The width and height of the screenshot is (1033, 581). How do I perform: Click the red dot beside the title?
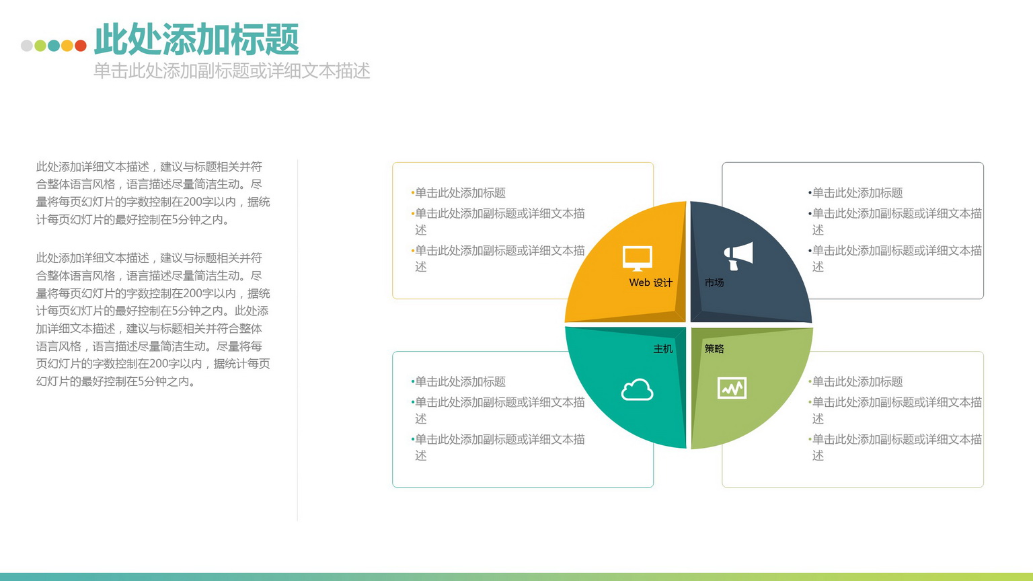click(81, 46)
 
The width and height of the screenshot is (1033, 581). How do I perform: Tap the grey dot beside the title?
click(27, 46)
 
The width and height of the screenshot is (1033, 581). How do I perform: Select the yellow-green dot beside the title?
click(40, 46)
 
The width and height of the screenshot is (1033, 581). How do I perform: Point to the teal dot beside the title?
click(54, 46)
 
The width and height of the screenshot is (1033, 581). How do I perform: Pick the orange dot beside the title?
click(67, 46)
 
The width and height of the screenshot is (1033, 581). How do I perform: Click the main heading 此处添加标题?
click(196, 40)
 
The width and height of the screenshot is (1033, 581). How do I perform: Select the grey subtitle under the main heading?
click(231, 71)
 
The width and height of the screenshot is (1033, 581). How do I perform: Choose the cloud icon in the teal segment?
click(638, 389)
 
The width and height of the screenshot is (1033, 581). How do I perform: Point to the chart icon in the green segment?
click(732, 388)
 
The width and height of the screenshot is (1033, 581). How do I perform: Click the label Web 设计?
click(651, 282)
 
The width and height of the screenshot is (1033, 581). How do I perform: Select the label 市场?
click(714, 282)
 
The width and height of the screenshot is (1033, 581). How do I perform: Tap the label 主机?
click(663, 349)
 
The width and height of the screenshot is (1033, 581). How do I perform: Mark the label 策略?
click(714, 349)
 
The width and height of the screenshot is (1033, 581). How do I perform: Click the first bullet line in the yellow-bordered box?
click(459, 193)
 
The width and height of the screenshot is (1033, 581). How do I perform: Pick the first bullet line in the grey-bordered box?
click(855, 193)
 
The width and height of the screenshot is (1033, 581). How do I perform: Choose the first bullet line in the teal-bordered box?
click(459, 382)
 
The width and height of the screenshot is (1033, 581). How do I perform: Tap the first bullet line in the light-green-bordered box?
click(855, 382)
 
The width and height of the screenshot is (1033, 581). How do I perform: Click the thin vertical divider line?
click(297, 340)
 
